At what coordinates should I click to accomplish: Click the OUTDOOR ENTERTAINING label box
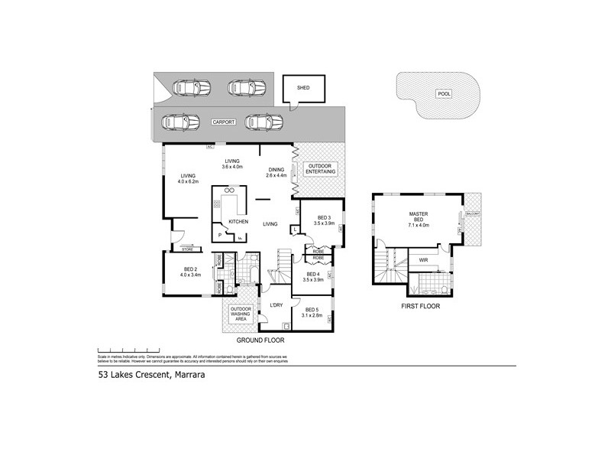pyautogui.click(x=319, y=170)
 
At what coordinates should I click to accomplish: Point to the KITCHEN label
pyautogui.click(x=239, y=221)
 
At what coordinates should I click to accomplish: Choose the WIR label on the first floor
pyautogui.click(x=423, y=260)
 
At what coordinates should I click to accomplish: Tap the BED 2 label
pyautogui.click(x=192, y=271)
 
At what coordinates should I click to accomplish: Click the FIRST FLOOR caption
pyautogui.click(x=421, y=305)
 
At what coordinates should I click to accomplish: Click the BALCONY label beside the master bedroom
pyautogui.click(x=474, y=216)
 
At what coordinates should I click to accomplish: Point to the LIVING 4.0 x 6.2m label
pyautogui.click(x=188, y=177)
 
